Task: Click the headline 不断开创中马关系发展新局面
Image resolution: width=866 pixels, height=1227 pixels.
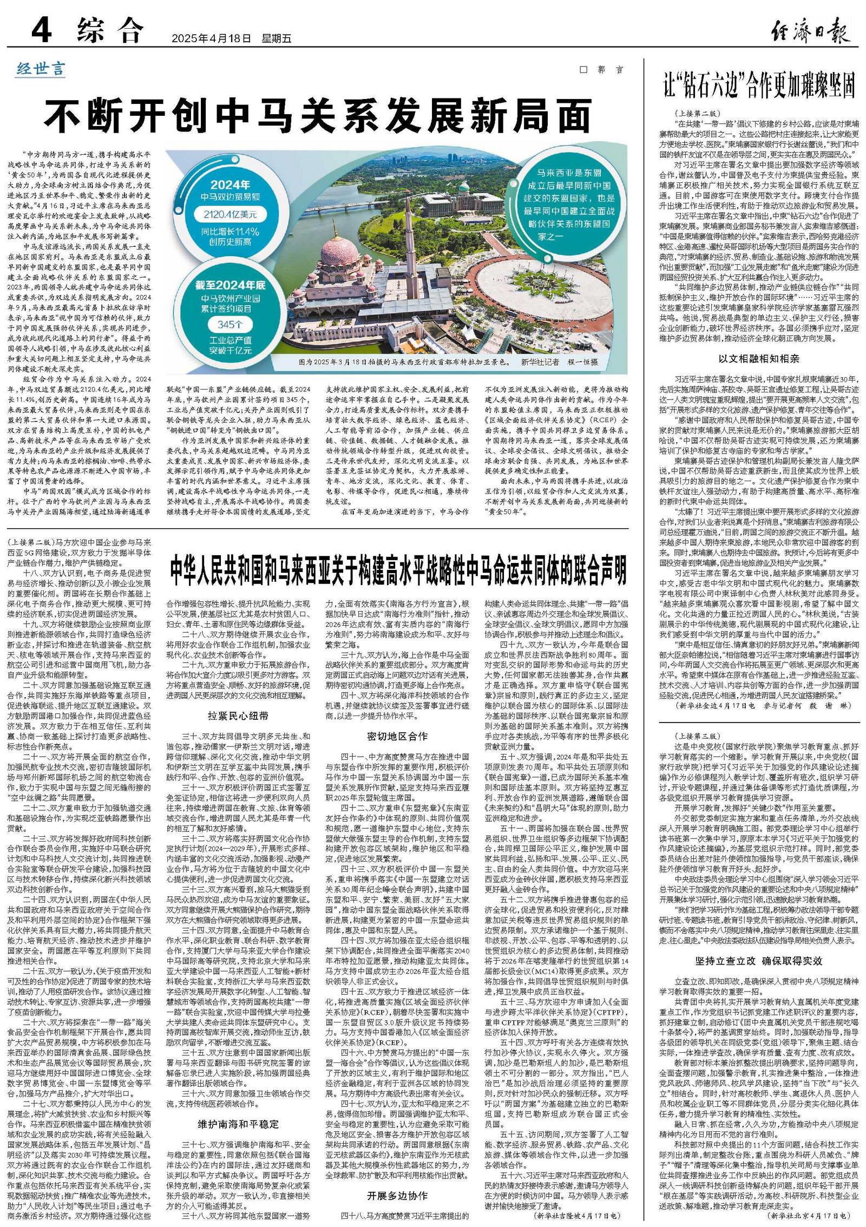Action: click(x=318, y=116)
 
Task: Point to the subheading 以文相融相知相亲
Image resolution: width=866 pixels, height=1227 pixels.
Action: click(x=758, y=358)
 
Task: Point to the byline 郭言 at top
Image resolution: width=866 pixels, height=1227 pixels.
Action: click(x=608, y=70)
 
